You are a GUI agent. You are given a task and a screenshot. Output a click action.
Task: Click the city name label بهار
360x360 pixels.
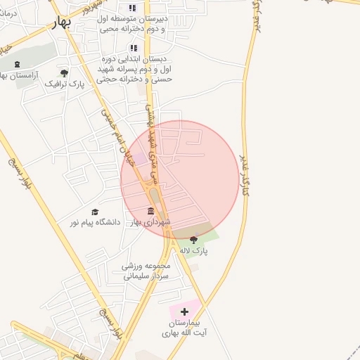click(x=63, y=23)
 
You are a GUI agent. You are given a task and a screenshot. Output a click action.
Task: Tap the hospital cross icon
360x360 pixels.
click(x=184, y=311)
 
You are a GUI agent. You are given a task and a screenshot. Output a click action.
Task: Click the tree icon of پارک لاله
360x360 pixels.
click(x=193, y=239)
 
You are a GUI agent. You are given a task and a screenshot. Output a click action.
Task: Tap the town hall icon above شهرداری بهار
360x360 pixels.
click(x=150, y=212)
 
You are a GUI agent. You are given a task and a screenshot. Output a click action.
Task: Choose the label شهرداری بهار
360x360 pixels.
click(x=150, y=222)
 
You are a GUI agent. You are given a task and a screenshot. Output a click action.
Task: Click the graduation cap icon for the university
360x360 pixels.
click(x=95, y=212)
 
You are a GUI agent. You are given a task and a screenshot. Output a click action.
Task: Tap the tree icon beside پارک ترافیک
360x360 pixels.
click(x=64, y=73)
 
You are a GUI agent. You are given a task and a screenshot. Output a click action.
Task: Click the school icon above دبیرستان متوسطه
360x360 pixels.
click(x=132, y=8)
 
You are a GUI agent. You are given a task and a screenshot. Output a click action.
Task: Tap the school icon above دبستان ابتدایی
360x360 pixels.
click(x=132, y=49)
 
